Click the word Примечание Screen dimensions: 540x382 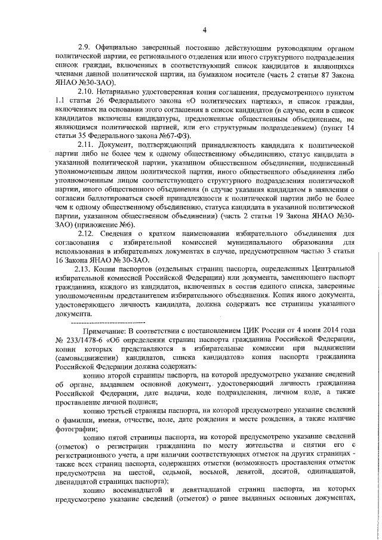pyautogui.click(x=107, y=328)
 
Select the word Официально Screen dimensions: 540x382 pyautogui.click(x=123, y=47)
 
